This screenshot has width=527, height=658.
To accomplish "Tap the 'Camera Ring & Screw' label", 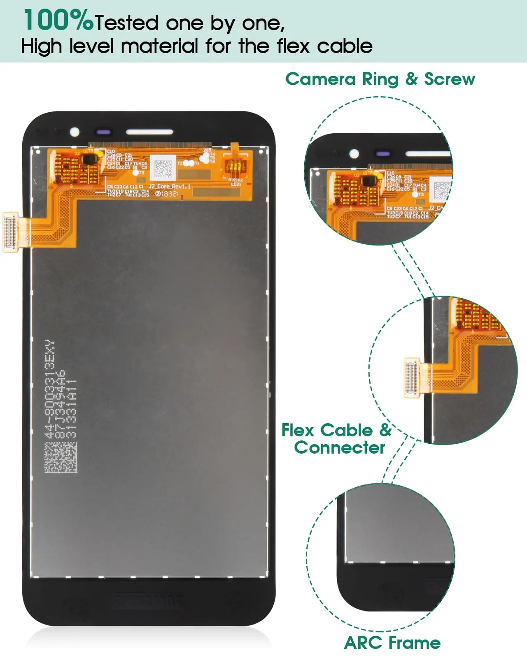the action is [x=380, y=79].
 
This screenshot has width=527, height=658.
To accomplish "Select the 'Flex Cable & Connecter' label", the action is [x=337, y=439].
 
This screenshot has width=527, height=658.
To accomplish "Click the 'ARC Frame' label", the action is [x=392, y=642].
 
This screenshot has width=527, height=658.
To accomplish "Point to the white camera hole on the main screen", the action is [x=75, y=132].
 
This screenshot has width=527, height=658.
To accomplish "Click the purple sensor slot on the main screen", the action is [x=103, y=132].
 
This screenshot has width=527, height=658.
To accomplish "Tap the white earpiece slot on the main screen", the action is [x=149, y=132].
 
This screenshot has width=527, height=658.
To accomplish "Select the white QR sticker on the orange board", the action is [x=163, y=167].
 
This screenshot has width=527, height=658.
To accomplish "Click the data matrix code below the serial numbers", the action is [x=61, y=457].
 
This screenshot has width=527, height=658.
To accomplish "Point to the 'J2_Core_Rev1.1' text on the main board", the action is [x=169, y=186].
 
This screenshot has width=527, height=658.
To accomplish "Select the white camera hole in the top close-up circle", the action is [x=354, y=154].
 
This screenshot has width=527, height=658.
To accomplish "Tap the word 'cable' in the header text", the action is [x=345, y=46].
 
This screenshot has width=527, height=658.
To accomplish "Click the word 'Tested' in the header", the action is [x=126, y=23].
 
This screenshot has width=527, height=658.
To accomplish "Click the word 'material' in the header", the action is [x=159, y=46].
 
